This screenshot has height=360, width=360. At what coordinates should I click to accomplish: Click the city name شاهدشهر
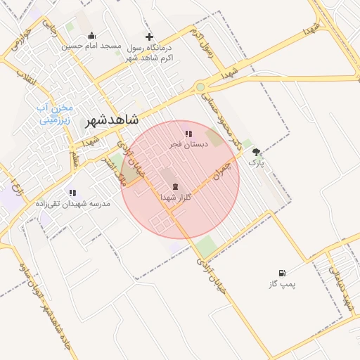tap(110, 120)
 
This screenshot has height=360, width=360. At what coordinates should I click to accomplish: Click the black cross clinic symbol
tap(148, 37)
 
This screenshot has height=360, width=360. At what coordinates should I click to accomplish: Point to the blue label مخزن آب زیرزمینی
tap(55, 114)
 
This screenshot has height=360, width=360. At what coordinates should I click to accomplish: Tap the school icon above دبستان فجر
tap(188, 133)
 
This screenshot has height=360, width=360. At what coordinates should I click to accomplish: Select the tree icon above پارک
tap(256, 152)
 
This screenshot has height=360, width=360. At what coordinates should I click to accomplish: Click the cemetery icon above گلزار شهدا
tap(174, 187)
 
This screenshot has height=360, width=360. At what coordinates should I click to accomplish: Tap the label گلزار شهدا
tap(176, 198)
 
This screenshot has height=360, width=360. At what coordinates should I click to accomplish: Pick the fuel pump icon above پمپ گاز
tap(282, 273)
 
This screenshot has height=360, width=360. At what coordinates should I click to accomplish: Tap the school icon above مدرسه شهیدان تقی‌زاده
tap(72, 192)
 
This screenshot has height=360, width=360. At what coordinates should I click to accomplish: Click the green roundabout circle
tap(200, 87)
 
